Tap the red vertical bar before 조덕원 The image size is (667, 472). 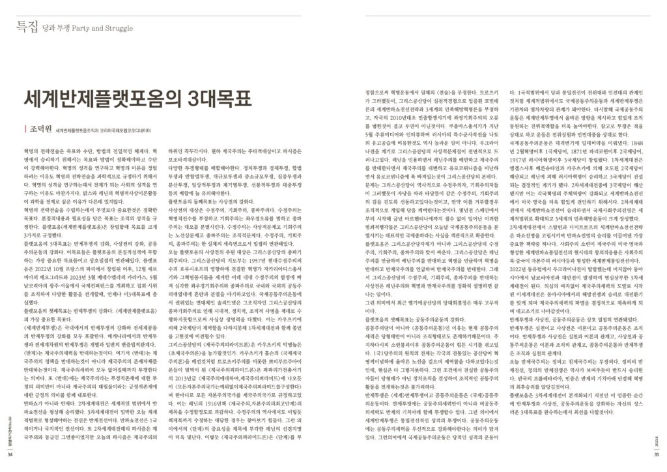pyautogui.click(x=23, y=128)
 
